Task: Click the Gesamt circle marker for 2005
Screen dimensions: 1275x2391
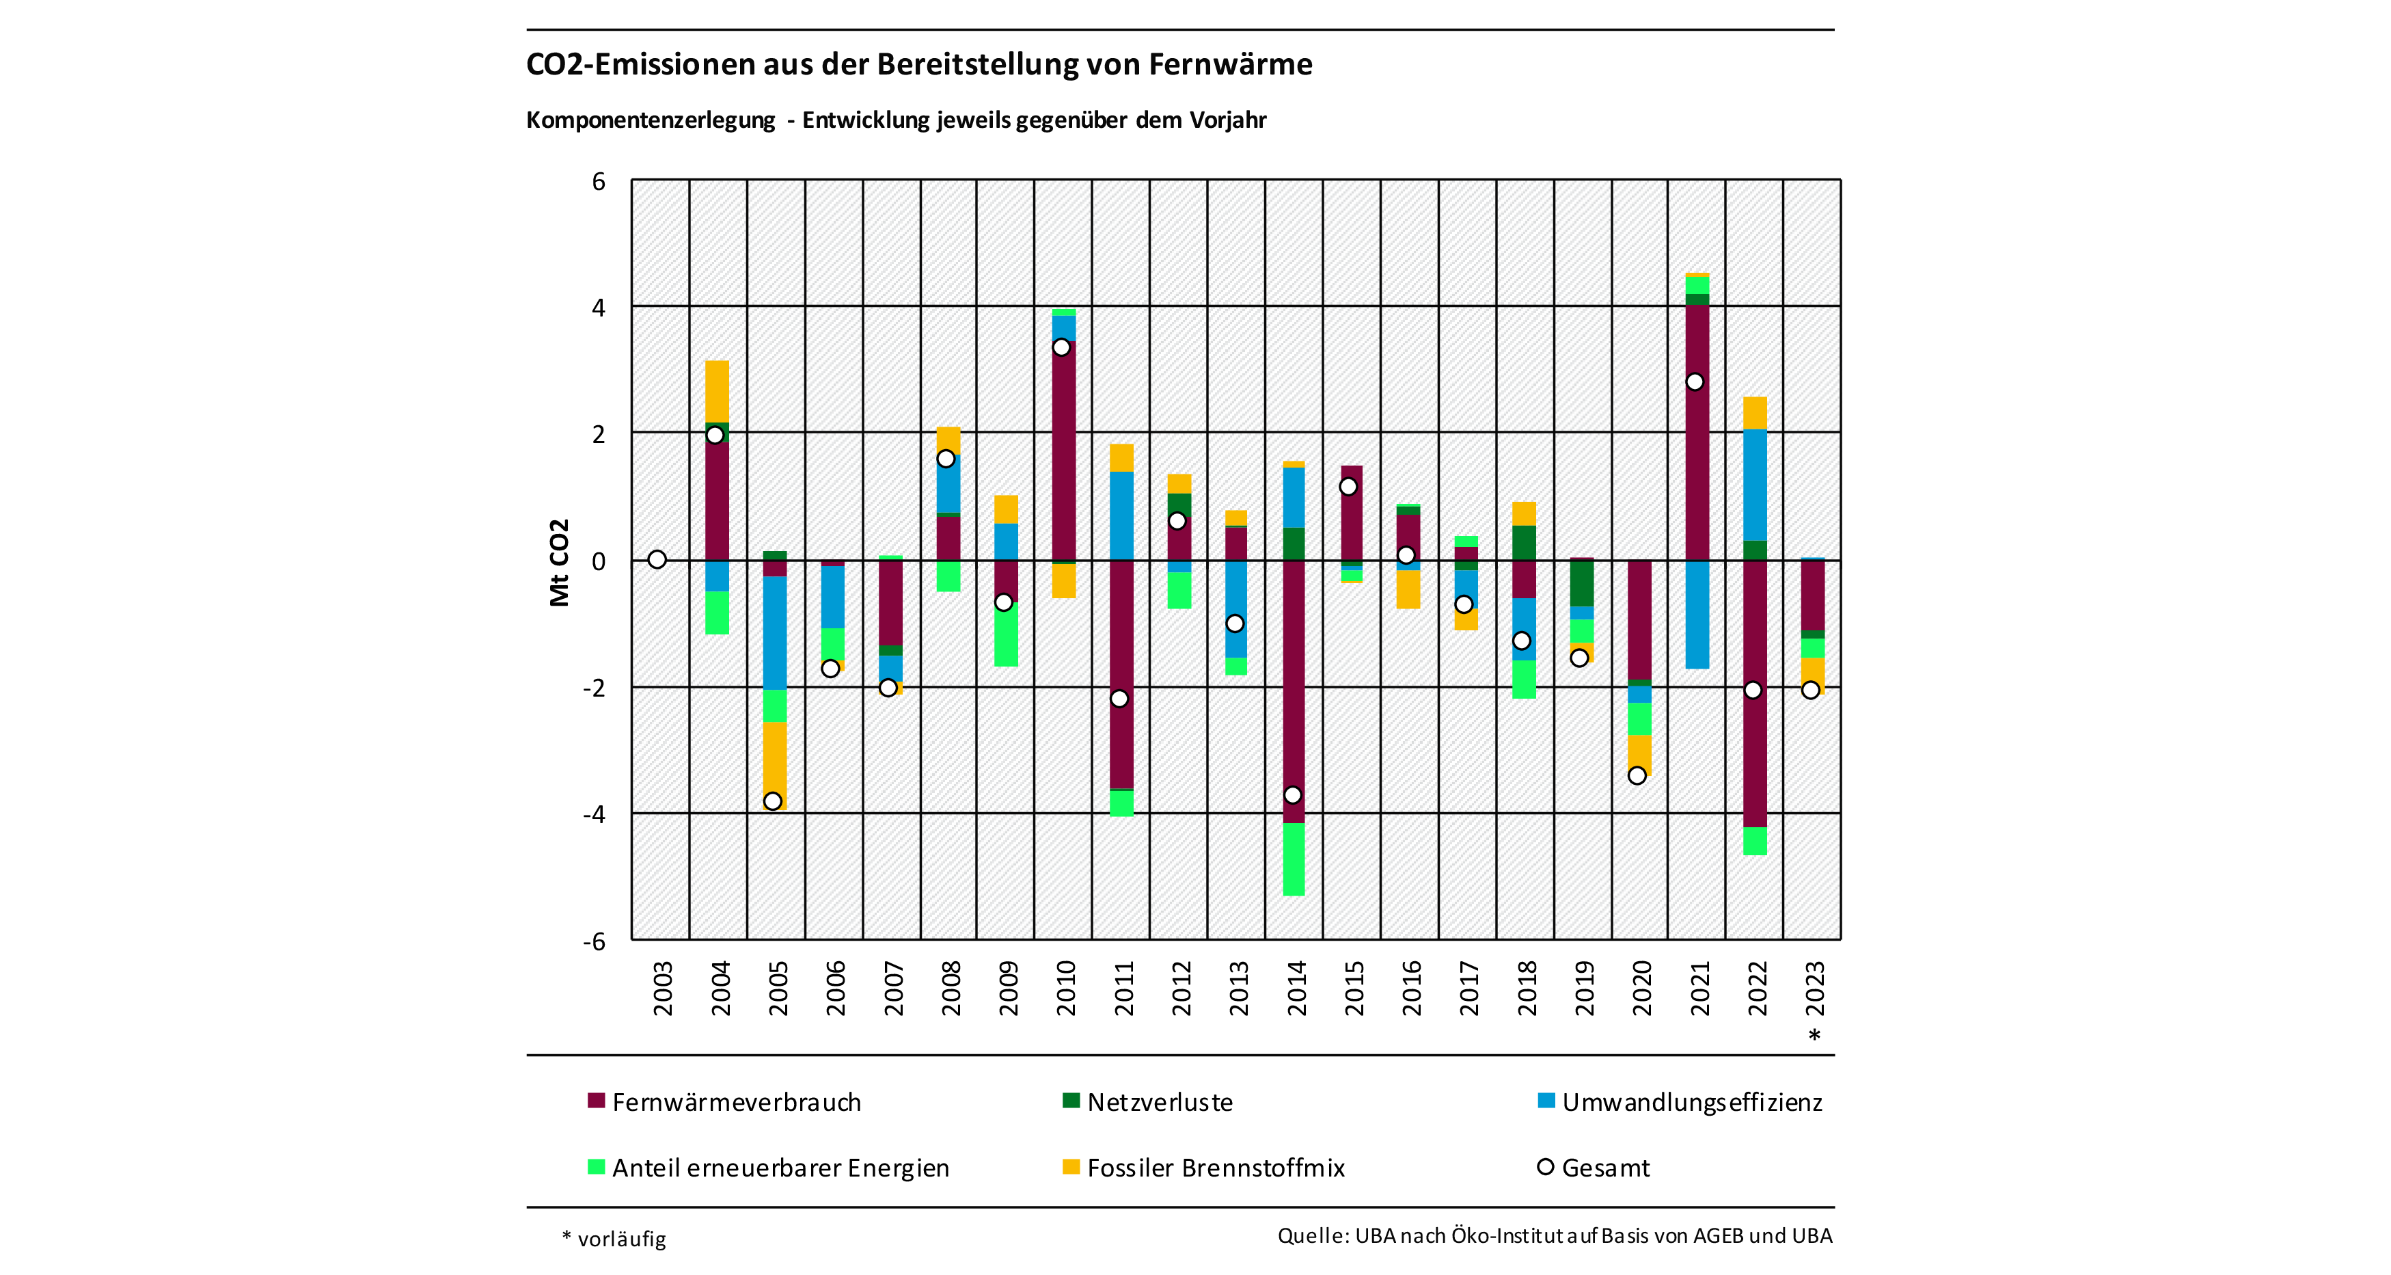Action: tap(772, 801)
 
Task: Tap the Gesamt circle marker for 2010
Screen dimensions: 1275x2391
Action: tap(1061, 347)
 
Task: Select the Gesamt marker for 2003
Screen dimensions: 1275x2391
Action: tap(657, 559)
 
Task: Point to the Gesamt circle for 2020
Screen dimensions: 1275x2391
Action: tap(1637, 775)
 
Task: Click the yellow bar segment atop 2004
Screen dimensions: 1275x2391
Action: tap(717, 391)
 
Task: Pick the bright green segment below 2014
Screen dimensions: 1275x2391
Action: tap(1293, 859)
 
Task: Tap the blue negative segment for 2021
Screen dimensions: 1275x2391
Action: tap(1697, 614)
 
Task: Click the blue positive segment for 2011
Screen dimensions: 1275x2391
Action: tap(1121, 515)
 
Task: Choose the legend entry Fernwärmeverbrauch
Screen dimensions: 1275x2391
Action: tap(736, 1102)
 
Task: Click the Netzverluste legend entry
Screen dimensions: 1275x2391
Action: tap(1160, 1102)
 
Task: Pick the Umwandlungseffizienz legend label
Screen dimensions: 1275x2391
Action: tap(1691, 1102)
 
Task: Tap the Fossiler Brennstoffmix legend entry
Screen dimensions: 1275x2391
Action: tap(1215, 1167)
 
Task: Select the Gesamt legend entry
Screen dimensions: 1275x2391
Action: tap(1605, 1167)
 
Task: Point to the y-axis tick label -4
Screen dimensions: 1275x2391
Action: tap(594, 814)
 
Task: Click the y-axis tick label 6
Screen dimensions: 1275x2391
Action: tap(599, 181)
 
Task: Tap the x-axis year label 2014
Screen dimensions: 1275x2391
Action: tap(1297, 988)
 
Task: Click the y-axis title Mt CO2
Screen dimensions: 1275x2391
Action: tap(559, 562)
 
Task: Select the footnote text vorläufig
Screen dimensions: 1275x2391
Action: tap(621, 1239)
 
